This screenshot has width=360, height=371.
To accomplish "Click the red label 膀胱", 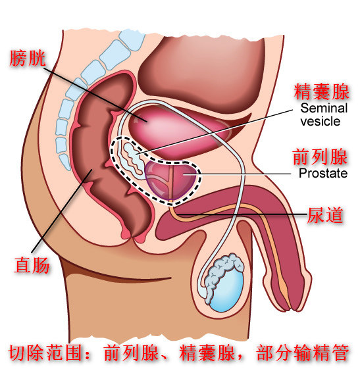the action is tap(28, 58).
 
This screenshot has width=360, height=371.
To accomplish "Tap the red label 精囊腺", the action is tap(321, 92).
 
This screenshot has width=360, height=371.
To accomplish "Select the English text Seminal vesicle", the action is tap(324, 114).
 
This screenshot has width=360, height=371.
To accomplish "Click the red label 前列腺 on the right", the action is tap(320, 157).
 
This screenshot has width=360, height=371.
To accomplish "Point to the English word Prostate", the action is tap(323, 173).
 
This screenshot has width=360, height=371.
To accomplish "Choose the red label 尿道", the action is tap(325, 215).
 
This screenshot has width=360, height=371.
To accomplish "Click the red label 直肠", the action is tap(32, 265).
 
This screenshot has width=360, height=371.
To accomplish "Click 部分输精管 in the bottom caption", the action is tap(302, 353).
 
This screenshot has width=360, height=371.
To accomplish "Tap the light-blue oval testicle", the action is tap(226, 290).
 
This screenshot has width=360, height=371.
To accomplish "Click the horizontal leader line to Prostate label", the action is tap(237, 174).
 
